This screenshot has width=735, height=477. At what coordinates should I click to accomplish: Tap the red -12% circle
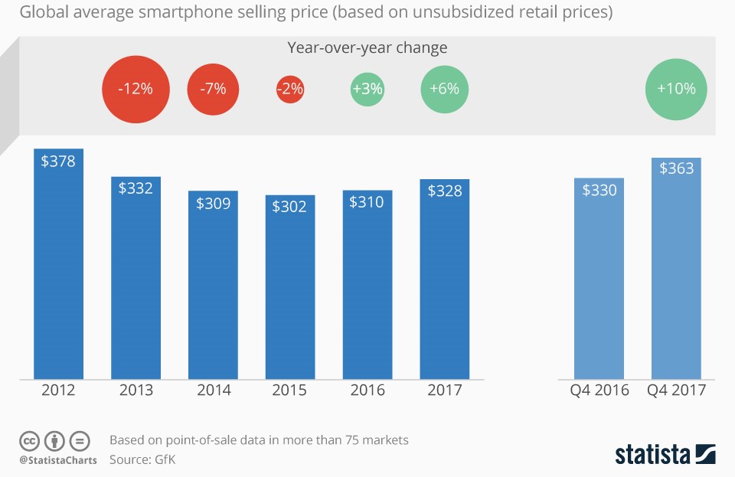coord(135,89)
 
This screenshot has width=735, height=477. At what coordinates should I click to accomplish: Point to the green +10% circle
coord(676,89)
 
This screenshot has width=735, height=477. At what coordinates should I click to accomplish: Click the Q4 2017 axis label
coord(676,390)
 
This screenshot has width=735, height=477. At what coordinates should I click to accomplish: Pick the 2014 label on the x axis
coord(214,390)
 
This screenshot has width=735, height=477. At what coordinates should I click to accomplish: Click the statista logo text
coord(653,454)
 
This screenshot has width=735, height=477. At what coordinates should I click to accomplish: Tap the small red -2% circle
coord(290,89)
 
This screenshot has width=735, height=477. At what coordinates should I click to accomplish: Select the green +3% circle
coord(367,89)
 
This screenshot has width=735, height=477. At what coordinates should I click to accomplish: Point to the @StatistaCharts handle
coord(58,460)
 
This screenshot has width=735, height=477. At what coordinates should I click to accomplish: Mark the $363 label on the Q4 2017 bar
coord(676,168)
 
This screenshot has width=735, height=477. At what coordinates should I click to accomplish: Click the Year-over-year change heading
coord(367,47)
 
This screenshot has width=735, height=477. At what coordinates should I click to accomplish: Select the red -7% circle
coord(213,89)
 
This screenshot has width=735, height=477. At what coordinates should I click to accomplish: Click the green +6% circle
coord(444,89)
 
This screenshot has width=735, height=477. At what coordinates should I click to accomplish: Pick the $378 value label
coord(58,161)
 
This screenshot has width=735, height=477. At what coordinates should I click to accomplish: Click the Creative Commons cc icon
coord(29,441)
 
